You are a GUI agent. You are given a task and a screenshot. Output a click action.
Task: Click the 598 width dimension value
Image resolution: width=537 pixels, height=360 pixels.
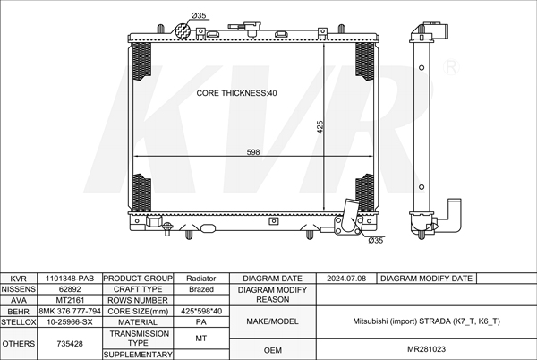click(253, 152)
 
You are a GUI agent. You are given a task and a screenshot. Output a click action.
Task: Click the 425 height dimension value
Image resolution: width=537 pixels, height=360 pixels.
click(320, 127)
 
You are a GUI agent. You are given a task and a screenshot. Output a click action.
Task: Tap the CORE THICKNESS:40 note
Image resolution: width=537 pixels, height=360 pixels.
click(236, 93)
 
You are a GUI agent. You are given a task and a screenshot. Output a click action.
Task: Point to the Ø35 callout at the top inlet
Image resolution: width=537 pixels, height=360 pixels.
click(199, 15)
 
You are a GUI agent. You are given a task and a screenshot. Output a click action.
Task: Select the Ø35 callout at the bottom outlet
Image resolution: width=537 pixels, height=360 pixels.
click(376, 241)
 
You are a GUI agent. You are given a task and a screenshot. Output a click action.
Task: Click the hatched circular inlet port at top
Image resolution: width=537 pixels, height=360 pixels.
click(183, 30)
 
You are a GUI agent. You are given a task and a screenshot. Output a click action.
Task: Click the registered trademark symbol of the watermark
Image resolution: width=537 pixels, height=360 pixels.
click(451, 67)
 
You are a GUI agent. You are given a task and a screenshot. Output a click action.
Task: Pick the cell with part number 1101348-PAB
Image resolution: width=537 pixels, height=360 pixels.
click(70, 279)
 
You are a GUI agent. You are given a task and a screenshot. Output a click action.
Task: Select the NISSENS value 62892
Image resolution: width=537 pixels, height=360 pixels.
click(70, 289)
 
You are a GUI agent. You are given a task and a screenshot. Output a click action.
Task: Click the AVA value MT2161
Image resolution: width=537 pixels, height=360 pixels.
click(70, 300)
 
